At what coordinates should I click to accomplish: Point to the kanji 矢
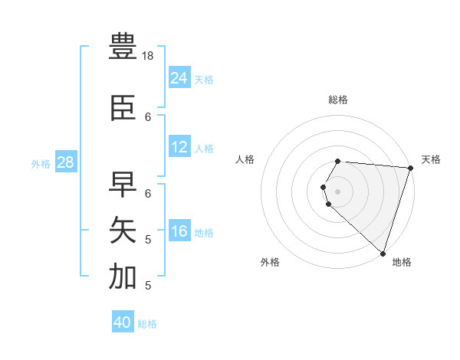point(123,230)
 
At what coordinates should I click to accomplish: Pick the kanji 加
point(123,277)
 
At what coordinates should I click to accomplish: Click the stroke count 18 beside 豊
point(149,56)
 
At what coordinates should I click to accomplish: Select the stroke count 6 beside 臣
point(149,117)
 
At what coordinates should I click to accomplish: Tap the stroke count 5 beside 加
point(149,286)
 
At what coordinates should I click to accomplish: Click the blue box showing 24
point(179,77)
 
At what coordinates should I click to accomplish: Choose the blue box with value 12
point(179,147)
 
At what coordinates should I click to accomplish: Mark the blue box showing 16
point(179,231)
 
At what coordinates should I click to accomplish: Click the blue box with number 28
point(65,162)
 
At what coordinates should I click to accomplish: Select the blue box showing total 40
point(123,322)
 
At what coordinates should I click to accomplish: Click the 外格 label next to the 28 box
point(41,163)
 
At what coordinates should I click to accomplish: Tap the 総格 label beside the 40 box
point(147,324)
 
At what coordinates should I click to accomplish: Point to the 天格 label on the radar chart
point(431,159)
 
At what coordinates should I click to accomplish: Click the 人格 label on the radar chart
point(245,159)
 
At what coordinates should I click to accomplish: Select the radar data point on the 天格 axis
point(411,168)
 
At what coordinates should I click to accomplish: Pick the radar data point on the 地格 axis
point(383,254)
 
